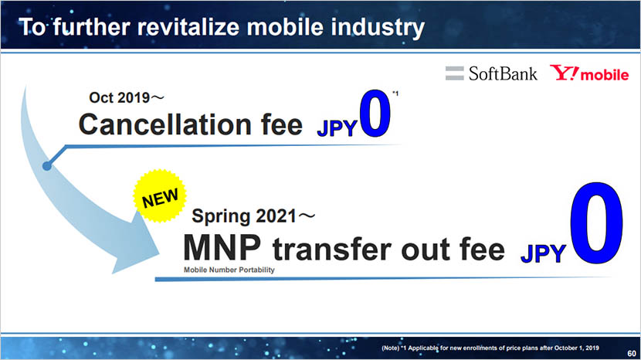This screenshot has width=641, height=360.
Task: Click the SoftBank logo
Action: point(491,74)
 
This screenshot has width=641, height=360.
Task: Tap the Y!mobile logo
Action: point(588,74)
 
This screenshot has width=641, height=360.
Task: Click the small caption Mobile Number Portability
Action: point(228,270)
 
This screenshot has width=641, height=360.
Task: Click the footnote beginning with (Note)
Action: point(490,348)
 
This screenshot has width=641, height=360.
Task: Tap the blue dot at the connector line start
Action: point(47,165)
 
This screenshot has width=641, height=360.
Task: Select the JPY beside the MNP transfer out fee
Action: point(543,252)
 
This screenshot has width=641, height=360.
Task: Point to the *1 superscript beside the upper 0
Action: point(395,94)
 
